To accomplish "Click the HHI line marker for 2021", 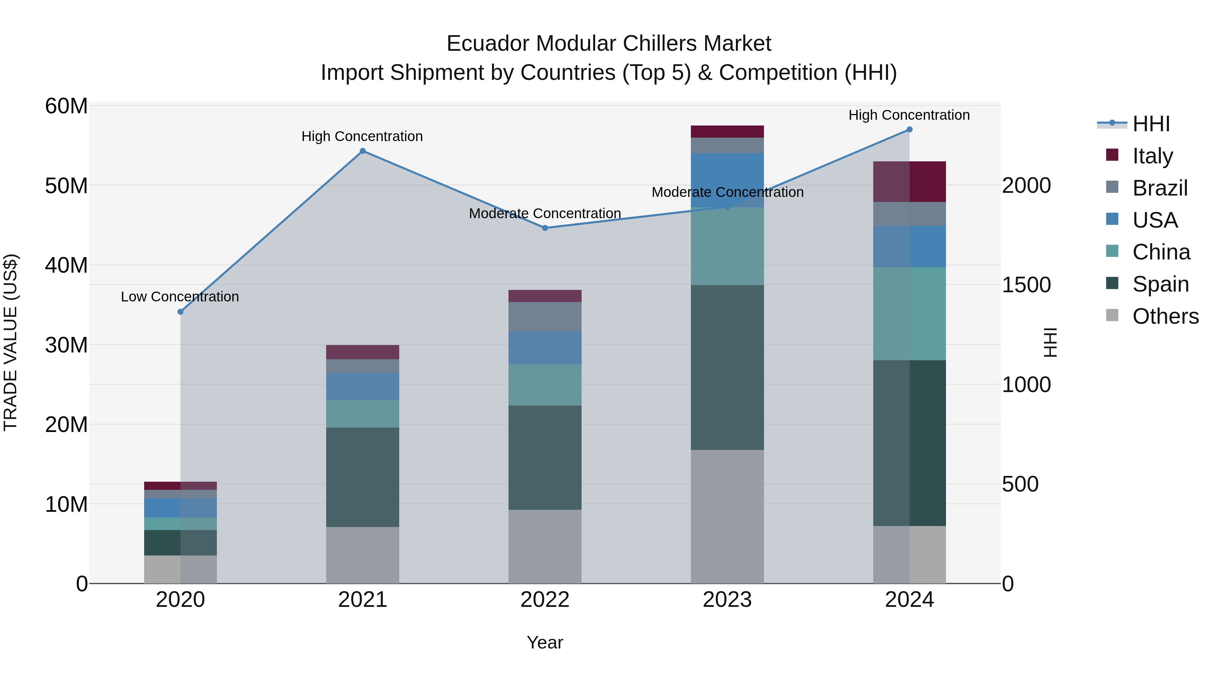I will tap(363, 151).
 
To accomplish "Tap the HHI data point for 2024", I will tap(909, 130).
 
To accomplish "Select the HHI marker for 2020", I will tap(180, 312).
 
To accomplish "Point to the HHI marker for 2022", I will tap(545, 228).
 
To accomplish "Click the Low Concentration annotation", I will tap(180, 297).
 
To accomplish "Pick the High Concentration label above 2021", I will tap(362, 137).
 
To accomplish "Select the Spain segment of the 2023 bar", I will tap(727, 367).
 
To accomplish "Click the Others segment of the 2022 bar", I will tap(545, 547).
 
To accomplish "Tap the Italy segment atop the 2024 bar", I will tap(909, 182).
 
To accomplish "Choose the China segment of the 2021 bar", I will tap(363, 414).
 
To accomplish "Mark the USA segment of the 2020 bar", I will tap(180, 508).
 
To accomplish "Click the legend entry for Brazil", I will tap(1159, 188).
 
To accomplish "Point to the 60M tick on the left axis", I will tap(66, 106).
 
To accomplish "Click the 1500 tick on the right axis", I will tap(1026, 285).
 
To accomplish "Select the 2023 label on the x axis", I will tap(727, 600).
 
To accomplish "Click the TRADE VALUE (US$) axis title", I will tap(10, 343).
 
